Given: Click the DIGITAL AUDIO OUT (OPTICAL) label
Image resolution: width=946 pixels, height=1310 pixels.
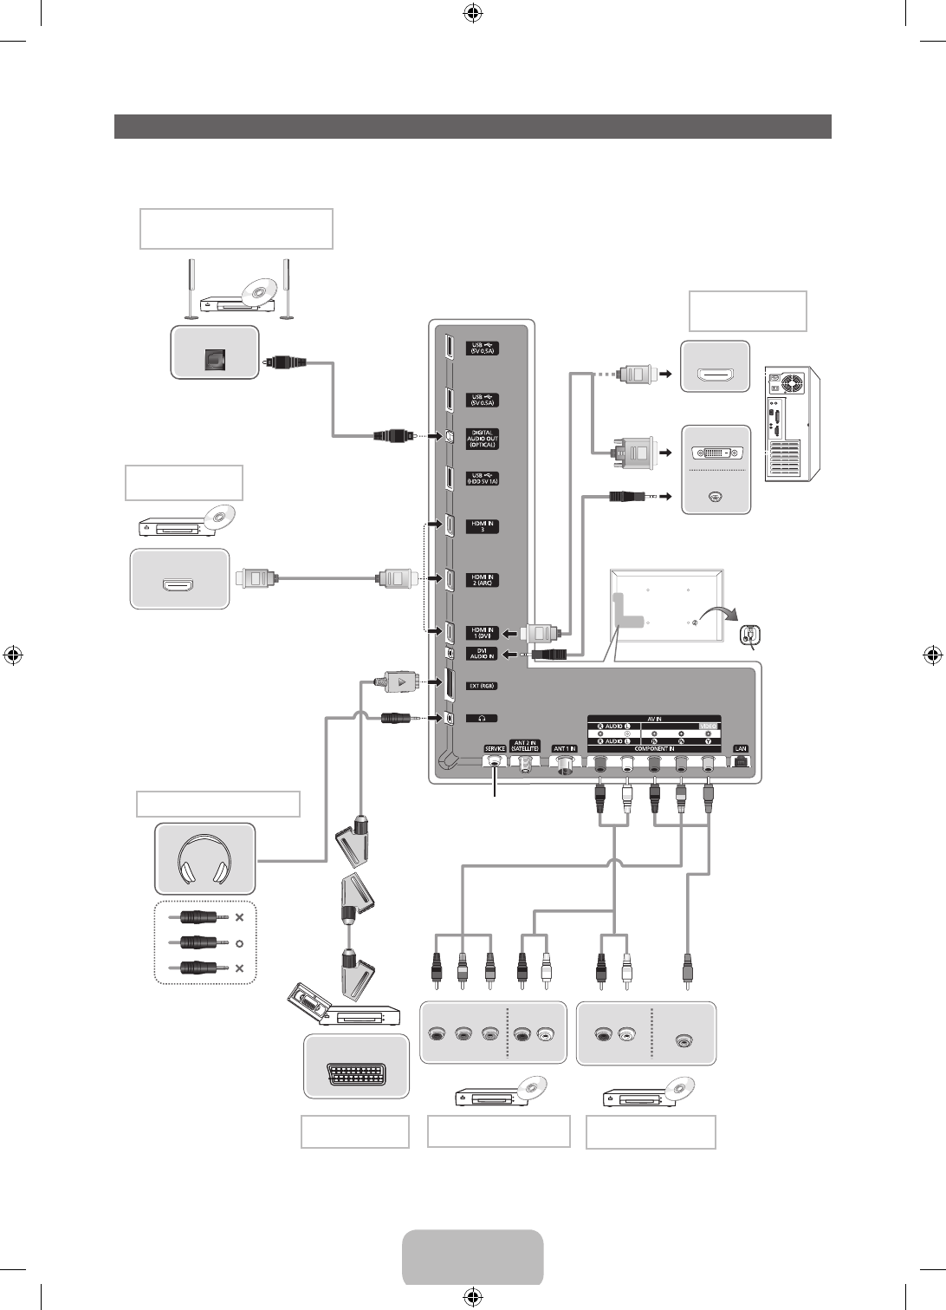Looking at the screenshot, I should [x=483, y=439].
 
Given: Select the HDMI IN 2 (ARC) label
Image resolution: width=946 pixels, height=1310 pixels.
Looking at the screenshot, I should [x=483, y=579].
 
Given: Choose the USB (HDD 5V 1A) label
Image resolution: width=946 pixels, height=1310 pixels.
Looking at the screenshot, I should [x=483, y=478].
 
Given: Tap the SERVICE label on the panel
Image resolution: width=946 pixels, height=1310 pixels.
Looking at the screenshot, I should [x=495, y=748].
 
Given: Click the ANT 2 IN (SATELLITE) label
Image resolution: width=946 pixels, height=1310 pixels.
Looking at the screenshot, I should [x=525, y=746].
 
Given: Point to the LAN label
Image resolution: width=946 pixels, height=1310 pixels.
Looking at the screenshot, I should [x=740, y=748].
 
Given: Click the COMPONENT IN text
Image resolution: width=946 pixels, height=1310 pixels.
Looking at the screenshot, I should [x=654, y=748].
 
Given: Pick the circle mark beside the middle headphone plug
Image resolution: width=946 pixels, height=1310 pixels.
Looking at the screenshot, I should [x=240, y=942].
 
